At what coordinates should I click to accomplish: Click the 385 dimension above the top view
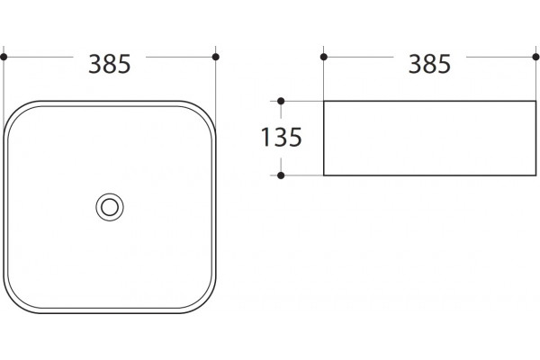[x=110, y=64]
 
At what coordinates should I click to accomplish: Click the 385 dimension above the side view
[x=429, y=64]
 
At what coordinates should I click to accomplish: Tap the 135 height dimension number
[x=282, y=138]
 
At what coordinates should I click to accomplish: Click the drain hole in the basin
[x=110, y=207]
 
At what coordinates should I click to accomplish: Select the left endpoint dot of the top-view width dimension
[x=4, y=57]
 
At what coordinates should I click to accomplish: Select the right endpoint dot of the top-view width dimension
[x=216, y=57]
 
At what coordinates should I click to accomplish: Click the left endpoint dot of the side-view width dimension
[x=324, y=57]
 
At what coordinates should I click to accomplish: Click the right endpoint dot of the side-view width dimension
[x=535, y=57]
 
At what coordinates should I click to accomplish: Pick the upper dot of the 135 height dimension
[x=281, y=101]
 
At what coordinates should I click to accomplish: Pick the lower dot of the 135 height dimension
[x=281, y=175]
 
